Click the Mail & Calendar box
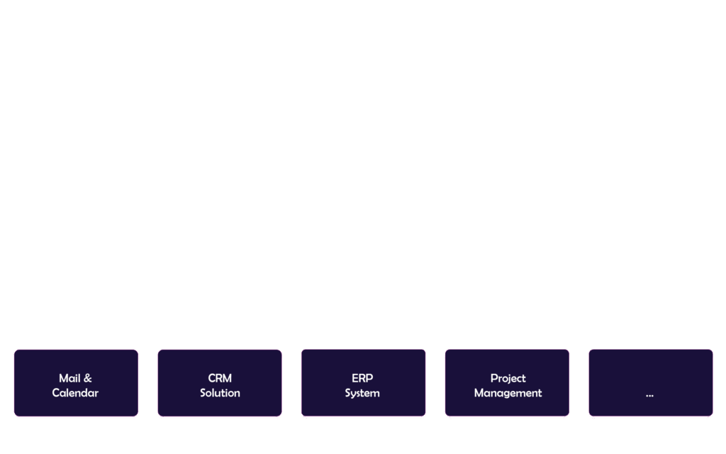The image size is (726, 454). pyautogui.click(x=76, y=382)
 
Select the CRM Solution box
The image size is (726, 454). pyautogui.click(x=220, y=382)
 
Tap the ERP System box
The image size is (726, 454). pyautogui.click(x=363, y=382)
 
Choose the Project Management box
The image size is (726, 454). pyautogui.click(x=507, y=382)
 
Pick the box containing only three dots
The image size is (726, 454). pyautogui.click(x=650, y=382)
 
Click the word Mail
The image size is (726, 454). pyautogui.click(x=69, y=378)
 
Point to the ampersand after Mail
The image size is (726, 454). pyautogui.click(x=88, y=378)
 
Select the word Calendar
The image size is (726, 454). pyautogui.click(x=75, y=393)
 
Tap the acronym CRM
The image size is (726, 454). pyautogui.click(x=220, y=378)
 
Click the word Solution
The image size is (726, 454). pyautogui.click(x=220, y=393)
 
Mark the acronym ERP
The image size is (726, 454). pyautogui.click(x=362, y=378)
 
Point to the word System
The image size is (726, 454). pyautogui.click(x=362, y=393)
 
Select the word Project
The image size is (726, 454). pyautogui.click(x=508, y=378)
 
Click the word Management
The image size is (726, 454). pyautogui.click(x=508, y=393)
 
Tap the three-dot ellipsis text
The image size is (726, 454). pyautogui.click(x=649, y=394)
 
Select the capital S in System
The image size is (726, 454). pyautogui.click(x=348, y=393)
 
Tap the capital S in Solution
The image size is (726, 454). pyautogui.click(x=203, y=393)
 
